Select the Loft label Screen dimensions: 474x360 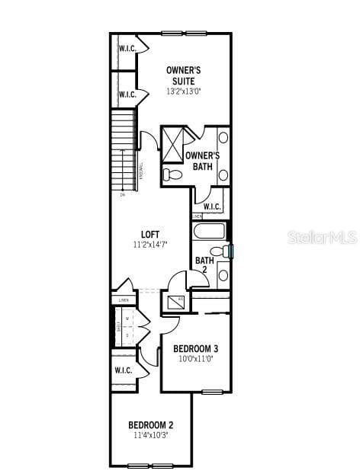click(x=149, y=234)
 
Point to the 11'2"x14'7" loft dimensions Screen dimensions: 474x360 click(x=149, y=245)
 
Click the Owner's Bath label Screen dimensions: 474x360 click(x=202, y=162)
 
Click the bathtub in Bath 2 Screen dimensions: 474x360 click(x=210, y=231)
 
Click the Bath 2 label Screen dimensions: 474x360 click(x=204, y=265)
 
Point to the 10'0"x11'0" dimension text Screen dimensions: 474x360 click(x=196, y=358)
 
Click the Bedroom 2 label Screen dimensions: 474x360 click(x=150, y=424)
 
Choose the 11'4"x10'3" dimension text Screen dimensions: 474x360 click(x=150, y=435)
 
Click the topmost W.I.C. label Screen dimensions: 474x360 click(x=127, y=49)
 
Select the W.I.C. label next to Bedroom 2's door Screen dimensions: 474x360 click(x=123, y=370)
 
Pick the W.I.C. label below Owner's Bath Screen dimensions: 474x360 click(x=211, y=207)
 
